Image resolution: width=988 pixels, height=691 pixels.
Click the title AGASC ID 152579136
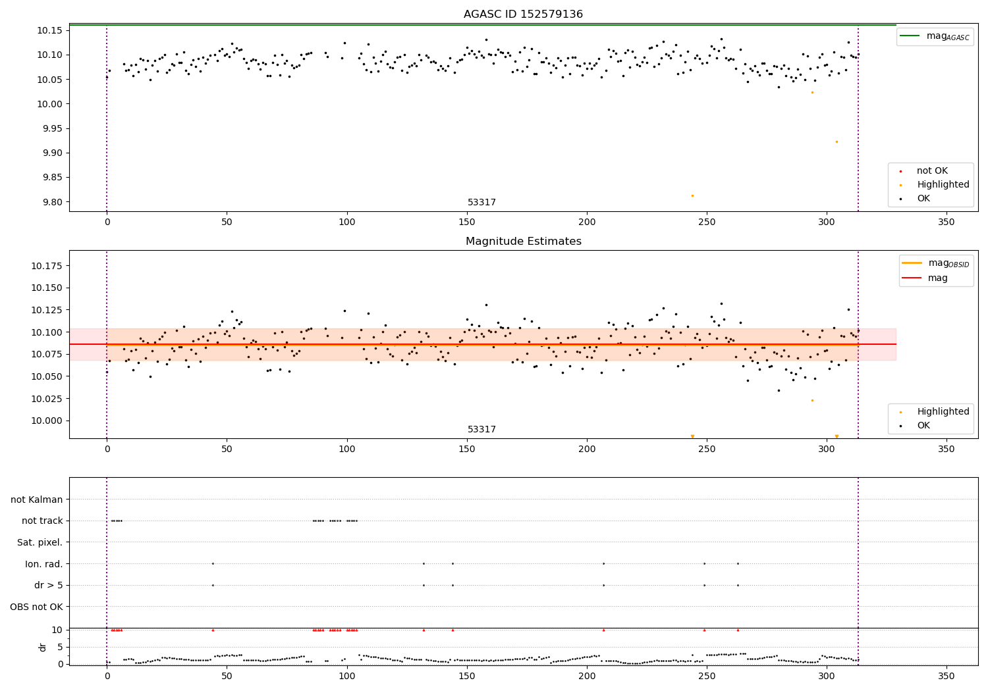tap(523, 14)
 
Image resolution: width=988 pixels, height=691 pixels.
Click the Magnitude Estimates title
tap(523, 242)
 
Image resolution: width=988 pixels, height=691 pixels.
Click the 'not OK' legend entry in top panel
tap(932, 171)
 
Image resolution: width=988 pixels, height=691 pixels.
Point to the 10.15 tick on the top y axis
tap(49, 30)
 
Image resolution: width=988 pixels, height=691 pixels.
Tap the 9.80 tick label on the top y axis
tap(49, 202)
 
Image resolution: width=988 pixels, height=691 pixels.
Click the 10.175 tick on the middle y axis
tap(47, 266)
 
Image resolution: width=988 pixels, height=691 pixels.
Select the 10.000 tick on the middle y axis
tap(47, 421)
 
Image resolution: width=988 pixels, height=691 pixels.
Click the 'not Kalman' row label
tap(37, 499)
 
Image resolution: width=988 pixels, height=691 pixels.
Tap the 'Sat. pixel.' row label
tap(40, 542)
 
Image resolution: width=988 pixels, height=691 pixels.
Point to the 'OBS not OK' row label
tap(36, 607)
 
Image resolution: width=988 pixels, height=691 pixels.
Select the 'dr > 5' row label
tap(48, 586)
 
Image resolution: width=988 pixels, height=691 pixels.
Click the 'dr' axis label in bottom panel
tap(43, 647)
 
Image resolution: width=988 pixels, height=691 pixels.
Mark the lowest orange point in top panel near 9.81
tap(692, 195)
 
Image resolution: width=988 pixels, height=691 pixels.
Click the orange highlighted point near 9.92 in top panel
tap(837, 141)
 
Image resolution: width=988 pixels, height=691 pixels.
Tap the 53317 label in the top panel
tap(481, 203)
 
